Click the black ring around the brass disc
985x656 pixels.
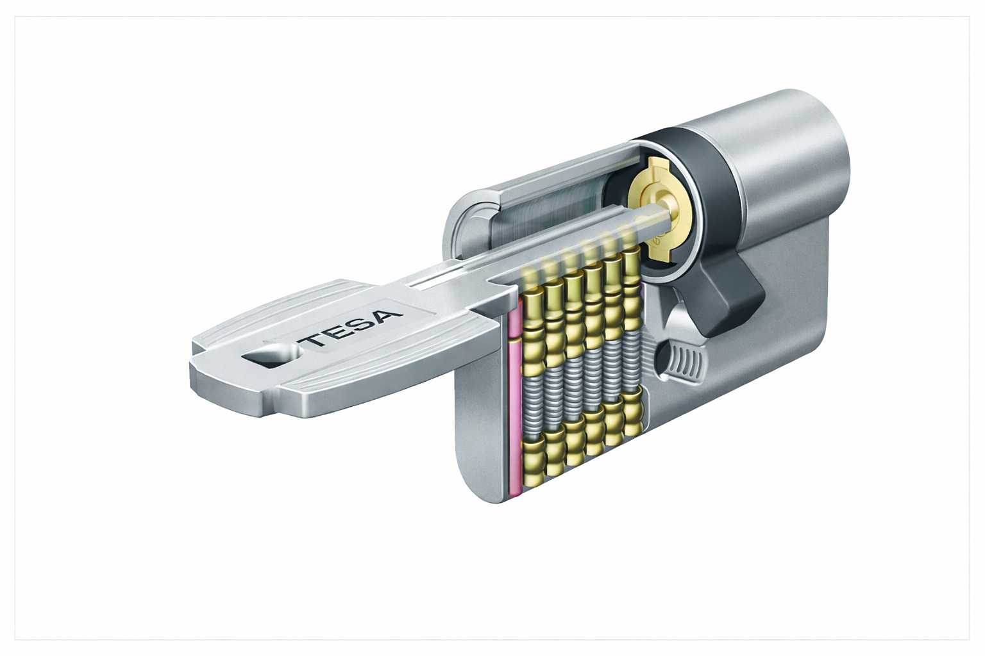pos(705,160)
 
